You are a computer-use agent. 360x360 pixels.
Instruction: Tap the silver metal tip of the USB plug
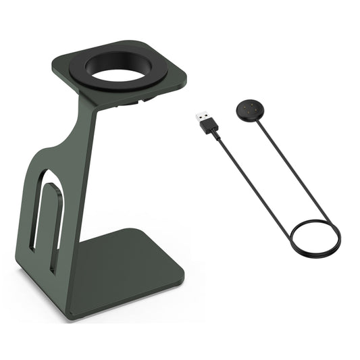point(201,117)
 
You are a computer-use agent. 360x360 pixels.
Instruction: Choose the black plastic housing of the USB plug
point(211,126)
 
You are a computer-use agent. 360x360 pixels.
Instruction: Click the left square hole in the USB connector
point(198,114)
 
